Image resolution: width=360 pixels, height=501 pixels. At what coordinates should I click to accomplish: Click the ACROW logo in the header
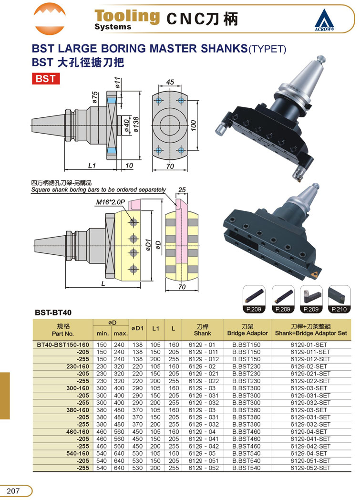pyautogui.click(x=324, y=20)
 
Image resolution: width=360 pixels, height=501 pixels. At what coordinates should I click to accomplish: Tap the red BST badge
pyautogui.click(x=46, y=79)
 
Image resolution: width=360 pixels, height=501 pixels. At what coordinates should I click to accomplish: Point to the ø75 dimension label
pyautogui.click(x=95, y=97)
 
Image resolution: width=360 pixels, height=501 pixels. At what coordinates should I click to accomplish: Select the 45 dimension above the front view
pyautogui.click(x=170, y=82)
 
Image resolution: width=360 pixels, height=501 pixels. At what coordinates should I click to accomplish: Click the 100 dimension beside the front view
pyautogui.click(x=194, y=125)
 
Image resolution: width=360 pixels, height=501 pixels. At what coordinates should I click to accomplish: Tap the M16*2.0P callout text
pyautogui.click(x=110, y=202)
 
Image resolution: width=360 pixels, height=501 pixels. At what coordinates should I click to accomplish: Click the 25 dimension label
pyautogui.click(x=182, y=190)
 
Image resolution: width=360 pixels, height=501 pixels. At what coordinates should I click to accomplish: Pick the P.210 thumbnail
pyautogui.click(x=339, y=299)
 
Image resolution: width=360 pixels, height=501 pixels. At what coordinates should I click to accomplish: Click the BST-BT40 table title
pyautogui.click(x=53, y=312)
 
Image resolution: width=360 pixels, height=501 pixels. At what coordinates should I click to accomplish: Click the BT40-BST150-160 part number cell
pyautogui.click(x=63, y=345)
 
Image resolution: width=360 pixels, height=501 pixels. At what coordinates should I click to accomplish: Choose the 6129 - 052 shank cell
pyautogui.click(x=204, y=468)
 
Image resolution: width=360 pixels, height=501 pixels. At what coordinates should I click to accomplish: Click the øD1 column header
pyautogui.click(x=137, y=328)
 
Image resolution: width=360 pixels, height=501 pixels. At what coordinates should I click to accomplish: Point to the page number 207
pyautogui.click(x=13, y=491)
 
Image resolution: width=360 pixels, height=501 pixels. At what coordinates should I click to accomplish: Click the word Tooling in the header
pyautogui.click(x=127, y=16)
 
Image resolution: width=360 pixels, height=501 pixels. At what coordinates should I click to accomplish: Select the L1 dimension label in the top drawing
pyautogui.click(x=92, y=166)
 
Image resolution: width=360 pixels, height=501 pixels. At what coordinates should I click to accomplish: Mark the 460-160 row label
pyautogui.click(x=78, y=432)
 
